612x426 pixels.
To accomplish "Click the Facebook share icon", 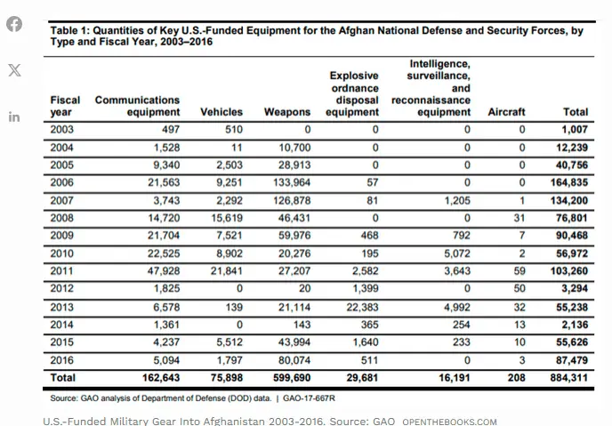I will pyautogui.click(x=14, y=24).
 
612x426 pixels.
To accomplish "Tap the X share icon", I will pyautogui.click(x=14, y=70).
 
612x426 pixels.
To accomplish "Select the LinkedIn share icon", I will pyautogui.click(x=14, y=117).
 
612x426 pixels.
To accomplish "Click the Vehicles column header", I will pyautogui.click(x=221, y=113).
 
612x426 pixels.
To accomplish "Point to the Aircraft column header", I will pyautogui.click(x=507, y=113).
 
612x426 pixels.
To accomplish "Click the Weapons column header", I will pyautogui.click(x=287, y=113).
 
